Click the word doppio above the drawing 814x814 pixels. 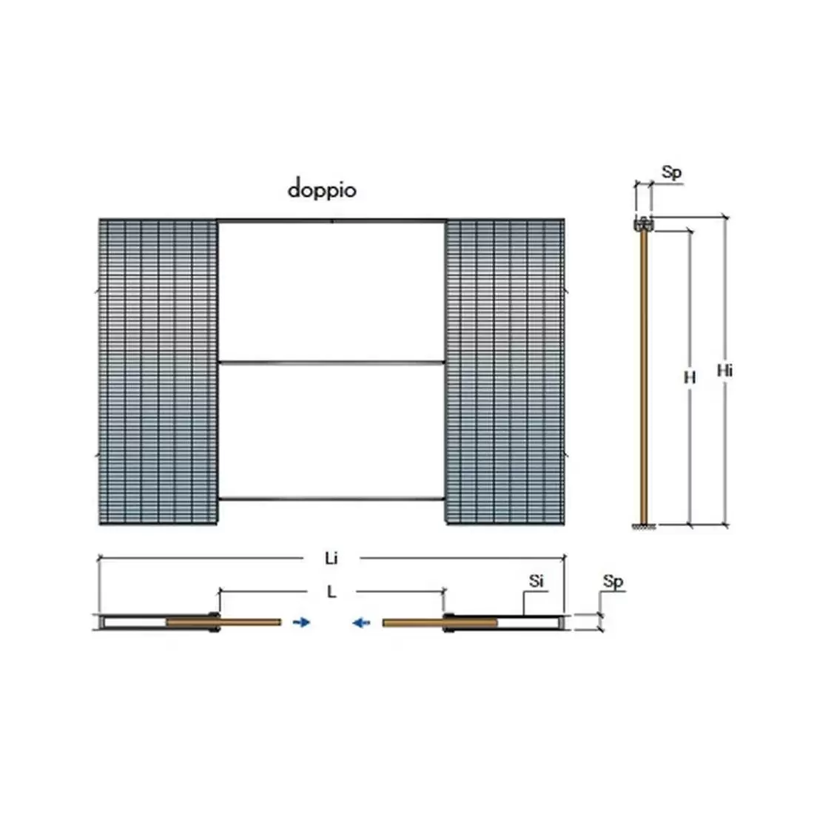click(x=322, y=189)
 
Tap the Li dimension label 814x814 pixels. click(x=332, y=558)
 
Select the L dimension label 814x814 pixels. click(x=331, y=591)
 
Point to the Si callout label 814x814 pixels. click(x=536, y=581)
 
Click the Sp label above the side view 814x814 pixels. click(x=671, y=173)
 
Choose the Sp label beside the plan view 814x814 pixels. click(x=613, y=582)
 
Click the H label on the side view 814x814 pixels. click(x=690, y=377)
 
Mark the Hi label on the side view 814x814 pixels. click(x=724, y=371)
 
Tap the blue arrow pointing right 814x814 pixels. click(x=301, y=622)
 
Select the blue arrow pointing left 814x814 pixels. click(x=361, y=622)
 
